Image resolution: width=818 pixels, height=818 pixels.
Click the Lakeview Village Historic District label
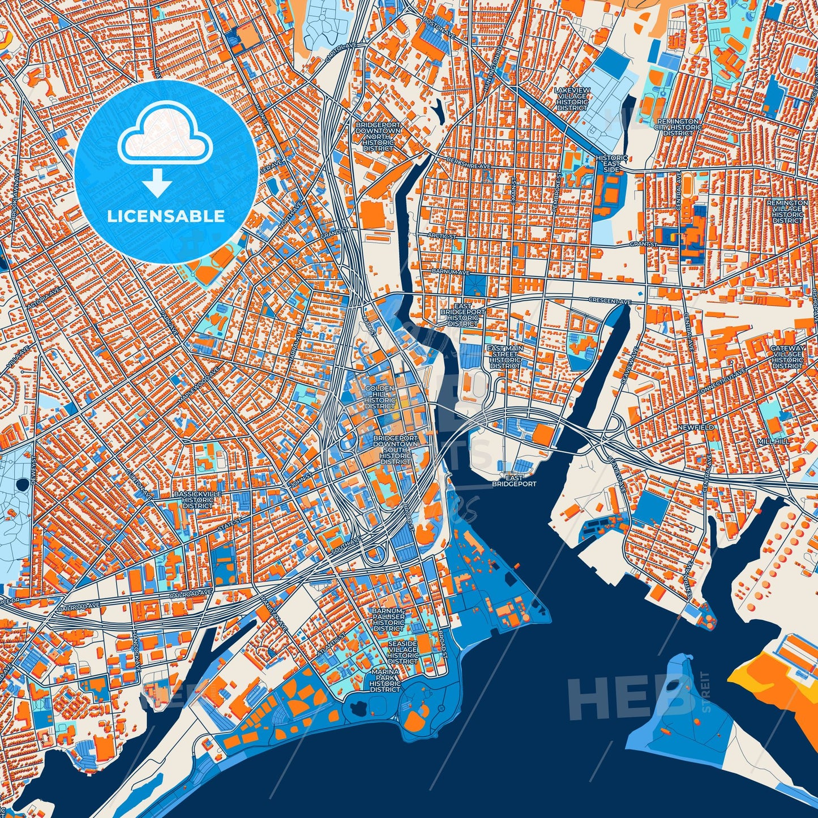(x=572, y=99)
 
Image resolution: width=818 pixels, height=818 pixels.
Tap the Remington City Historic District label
(x=678, y=127)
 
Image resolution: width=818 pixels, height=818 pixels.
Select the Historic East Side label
(x=611, y=164)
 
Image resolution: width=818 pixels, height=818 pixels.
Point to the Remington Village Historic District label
(x=787, y=211)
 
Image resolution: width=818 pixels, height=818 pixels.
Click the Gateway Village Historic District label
(x=787, y=357)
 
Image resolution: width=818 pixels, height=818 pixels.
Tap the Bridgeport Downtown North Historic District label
(x=378, y=136)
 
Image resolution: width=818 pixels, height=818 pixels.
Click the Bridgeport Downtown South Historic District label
(x=396, y=450)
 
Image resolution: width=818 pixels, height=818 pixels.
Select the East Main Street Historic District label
(x=506, y=357)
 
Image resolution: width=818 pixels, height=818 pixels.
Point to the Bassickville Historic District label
(x=198, y=500)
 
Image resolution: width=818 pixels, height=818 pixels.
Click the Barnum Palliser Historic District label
(x=388, y=620)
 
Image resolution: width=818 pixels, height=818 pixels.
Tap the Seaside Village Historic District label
(x=402, y=653)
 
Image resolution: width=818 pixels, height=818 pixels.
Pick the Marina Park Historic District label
(x=385, y=680)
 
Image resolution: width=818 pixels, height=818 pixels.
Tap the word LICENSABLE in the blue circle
(x=166, y=216)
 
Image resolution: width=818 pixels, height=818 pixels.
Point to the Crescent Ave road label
(x=609, y=301)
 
